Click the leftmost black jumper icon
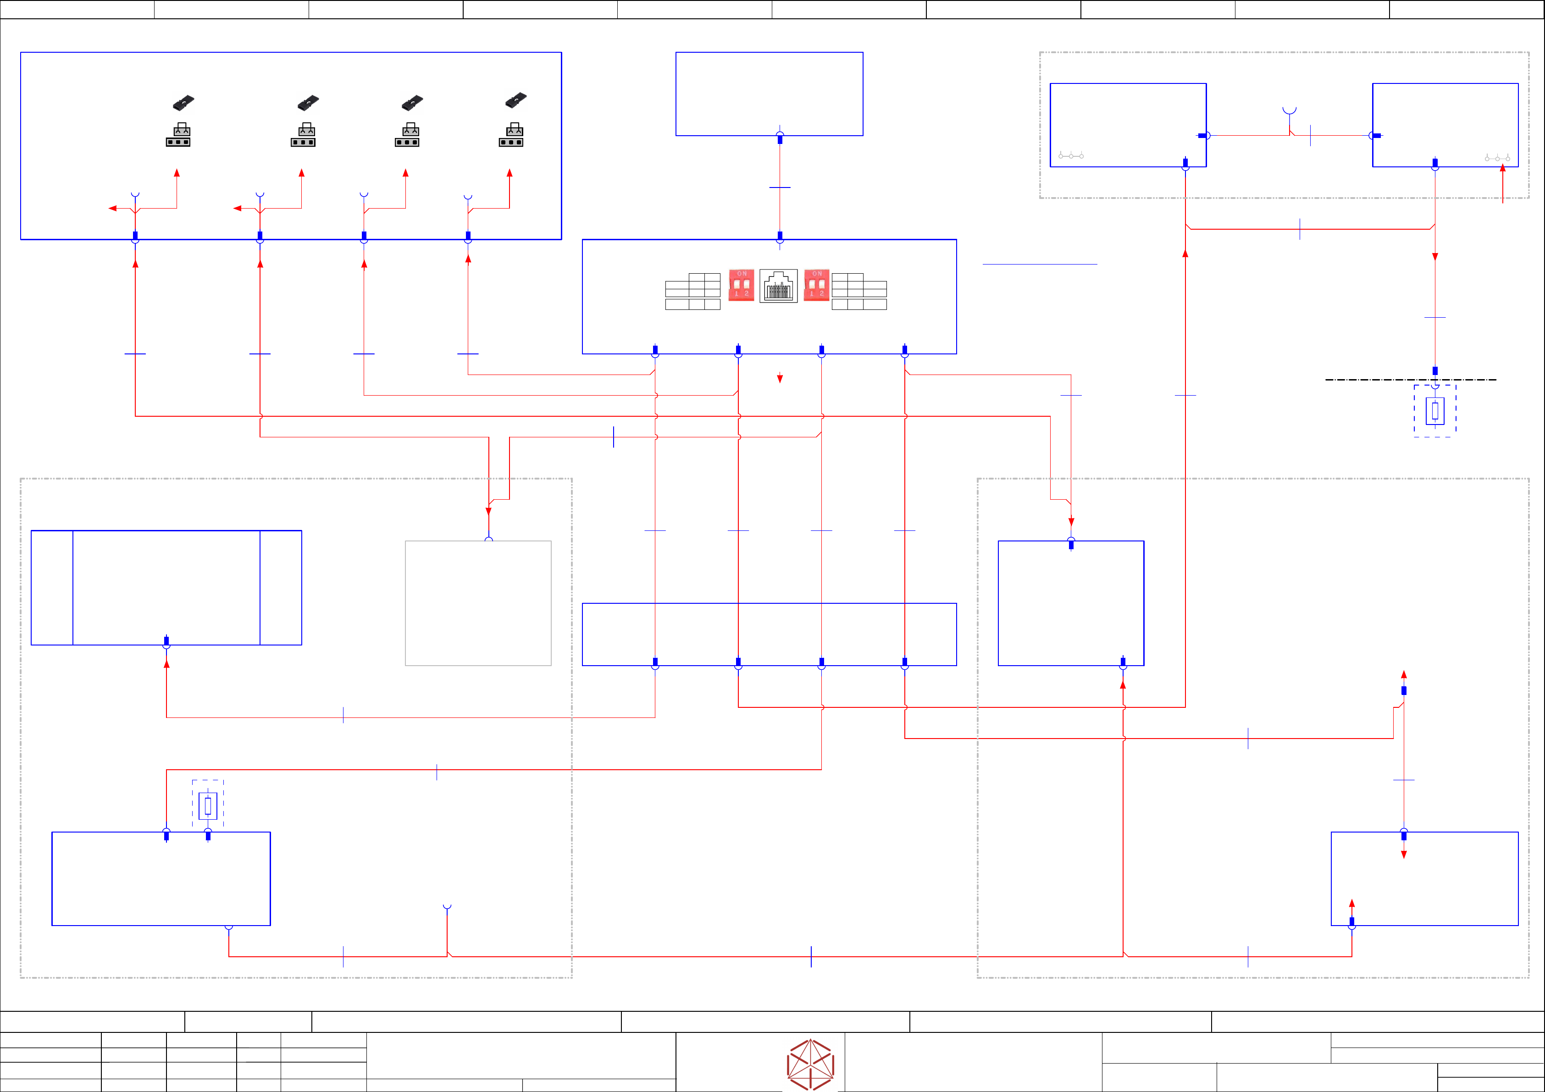click(183, 102)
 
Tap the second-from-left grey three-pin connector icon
click(303, 135)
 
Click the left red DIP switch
click(742, 285)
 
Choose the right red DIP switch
click(816, 285)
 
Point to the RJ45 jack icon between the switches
click(779, 286)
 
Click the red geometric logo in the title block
click(811, 1064)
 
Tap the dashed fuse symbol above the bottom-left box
click(208, 805)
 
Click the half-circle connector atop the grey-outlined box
click(488, 540)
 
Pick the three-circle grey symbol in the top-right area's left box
click(1071, 156)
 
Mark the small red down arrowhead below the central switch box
click(780, 379)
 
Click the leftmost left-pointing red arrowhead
click(112, 209)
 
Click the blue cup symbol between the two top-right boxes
click(1289, 110)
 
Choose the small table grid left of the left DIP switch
click(692, 291)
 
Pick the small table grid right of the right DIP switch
click(859, 291)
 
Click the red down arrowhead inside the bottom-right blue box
click(1404, 855)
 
